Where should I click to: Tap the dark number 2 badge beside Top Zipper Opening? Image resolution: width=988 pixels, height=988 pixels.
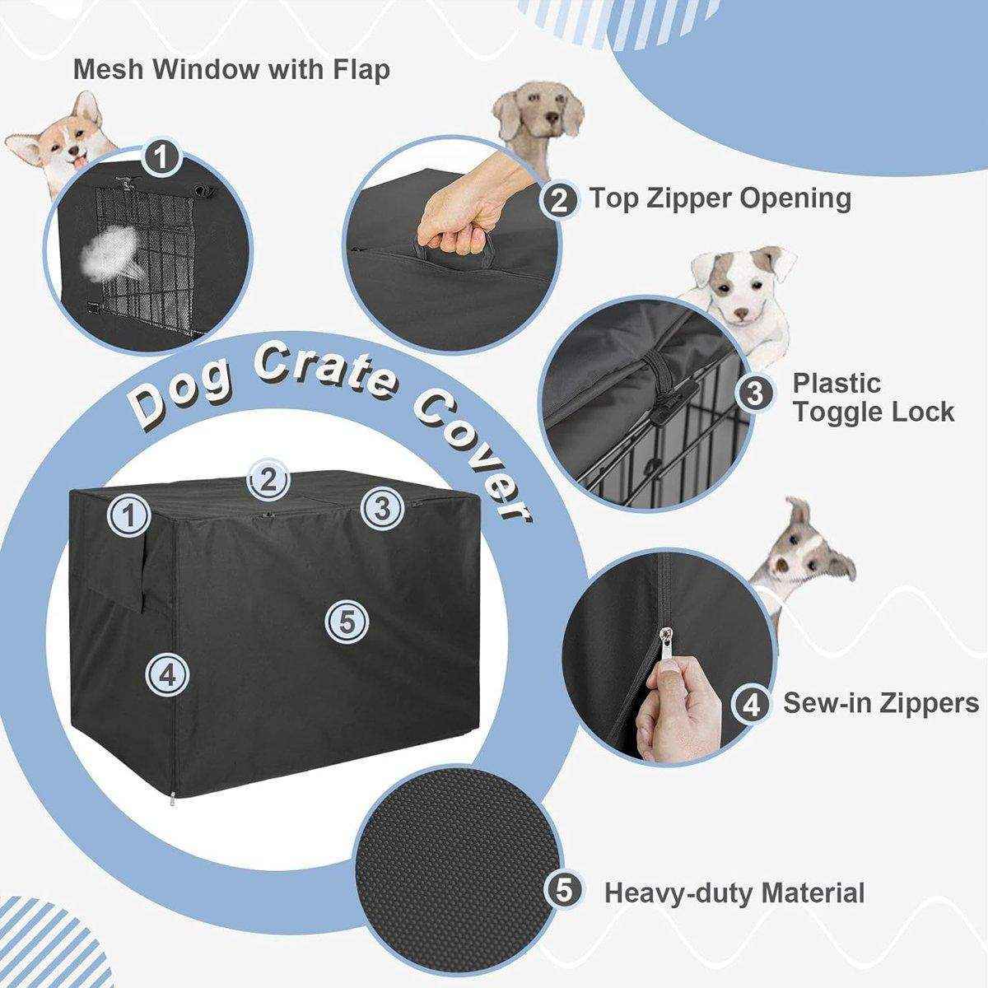pos(559,199)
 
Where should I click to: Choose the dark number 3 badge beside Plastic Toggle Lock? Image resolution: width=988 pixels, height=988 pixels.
pos(753,394)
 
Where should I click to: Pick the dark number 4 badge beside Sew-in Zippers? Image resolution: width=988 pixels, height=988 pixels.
pos(751,703)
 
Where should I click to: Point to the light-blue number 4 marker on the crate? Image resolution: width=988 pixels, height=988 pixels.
pos(167,675)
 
